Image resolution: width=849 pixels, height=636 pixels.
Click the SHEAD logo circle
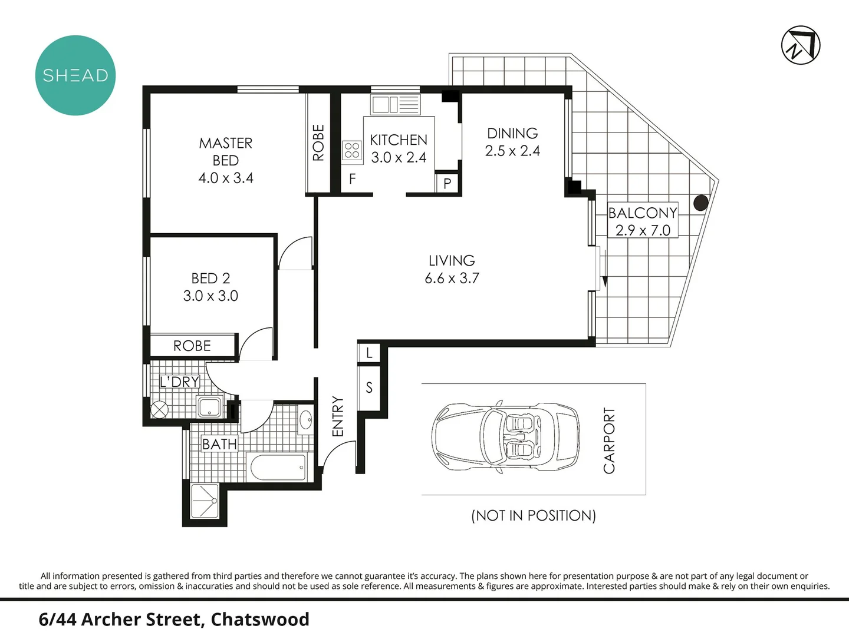pyautogui.click(x=75, y=75)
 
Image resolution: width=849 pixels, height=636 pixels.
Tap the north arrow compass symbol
pyautogui.click(x=801, y=45)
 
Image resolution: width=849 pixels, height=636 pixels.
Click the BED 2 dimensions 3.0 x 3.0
pyautogui.click(x=210, y=296)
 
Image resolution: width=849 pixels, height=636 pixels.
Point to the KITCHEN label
pyautogui.click(x=399, y=140)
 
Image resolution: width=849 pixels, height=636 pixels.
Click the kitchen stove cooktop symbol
pyautogui.click(x=352, y=150)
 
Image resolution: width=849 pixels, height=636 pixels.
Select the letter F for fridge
pyautogui.click(x=352, y=179)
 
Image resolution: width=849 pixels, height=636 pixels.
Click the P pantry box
pyautogui.click(x=447, y=183)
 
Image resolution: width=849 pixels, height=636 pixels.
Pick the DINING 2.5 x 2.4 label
pyautogui.click(x=512, y=142)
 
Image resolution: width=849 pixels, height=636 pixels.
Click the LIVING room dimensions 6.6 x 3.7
pyautogui.click(x=452, y=278)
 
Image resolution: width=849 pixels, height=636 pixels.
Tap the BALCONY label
pyautogui.click(x=643, y=213)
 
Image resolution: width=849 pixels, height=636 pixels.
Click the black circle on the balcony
pyautogui.click(x=700, y=203)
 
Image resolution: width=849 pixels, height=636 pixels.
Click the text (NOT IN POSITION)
pyautogui.click(x=534, y=516)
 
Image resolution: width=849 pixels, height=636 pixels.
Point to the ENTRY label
pyautogui.click(x=338, y=416)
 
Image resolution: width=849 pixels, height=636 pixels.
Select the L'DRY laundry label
pyautogui.click(x=180, y=382)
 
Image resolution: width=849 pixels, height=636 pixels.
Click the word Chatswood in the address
pyautogui.click(x=260, y=620)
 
